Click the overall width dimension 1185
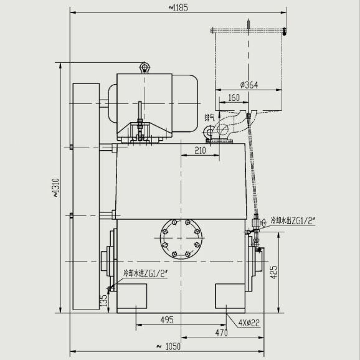pyautogui.click(x=178, y=7)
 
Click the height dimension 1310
pyautogui.click(x=56, y=187)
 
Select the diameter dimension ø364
pyautogui.click(x=249, y=85)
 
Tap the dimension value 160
pyautogui.click(x=234, y=98)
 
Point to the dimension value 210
pyautogui.click(x=200, y=151)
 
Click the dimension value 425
pyautogui.click(x=274, y=272)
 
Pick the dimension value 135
pyautogui.click(x=104, y=300)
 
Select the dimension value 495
pyautogui.click(x=167, y=320)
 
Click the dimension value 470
pyautogui.click(x=222, y=333)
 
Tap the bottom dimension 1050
pyautogui.click(x=169, y=347)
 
